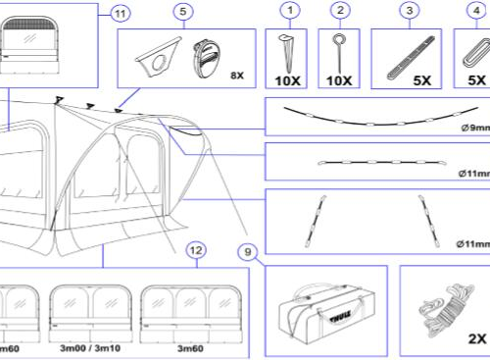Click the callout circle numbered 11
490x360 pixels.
119,13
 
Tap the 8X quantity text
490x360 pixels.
236,75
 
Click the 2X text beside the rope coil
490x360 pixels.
476,338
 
